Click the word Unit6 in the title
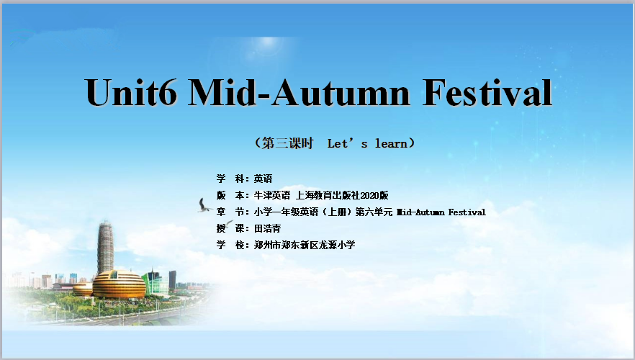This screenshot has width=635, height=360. click(131, 92)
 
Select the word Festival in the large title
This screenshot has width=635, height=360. click(487, 92)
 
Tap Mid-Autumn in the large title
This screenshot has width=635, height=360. click(300, 92)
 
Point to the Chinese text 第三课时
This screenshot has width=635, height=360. click(287, 143)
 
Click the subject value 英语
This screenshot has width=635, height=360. click(264, 179)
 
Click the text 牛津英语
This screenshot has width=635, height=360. click(272, 196)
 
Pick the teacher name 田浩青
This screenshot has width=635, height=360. click(268, 228)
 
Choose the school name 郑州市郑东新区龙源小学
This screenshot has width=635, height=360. click(305, 245)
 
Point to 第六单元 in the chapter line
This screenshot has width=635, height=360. click(374, 212)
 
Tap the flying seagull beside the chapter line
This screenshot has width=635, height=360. click(204, 205)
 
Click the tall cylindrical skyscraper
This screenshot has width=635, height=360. click(105, 248)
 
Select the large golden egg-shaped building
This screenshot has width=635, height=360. click(119, 284)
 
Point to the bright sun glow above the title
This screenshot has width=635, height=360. click(267, 45)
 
